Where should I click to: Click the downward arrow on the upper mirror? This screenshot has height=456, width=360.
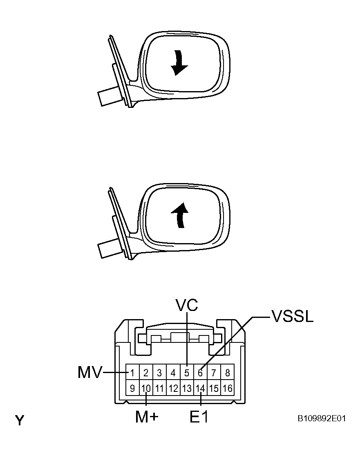pos(178,63)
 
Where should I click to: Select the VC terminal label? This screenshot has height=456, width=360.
pos(187,305)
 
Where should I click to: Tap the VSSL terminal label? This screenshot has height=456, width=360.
pos(293,316)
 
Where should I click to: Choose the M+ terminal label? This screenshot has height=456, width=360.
pos(147,417)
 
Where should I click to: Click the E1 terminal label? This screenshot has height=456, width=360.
pos(199,417)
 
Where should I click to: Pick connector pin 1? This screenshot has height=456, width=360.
pos(132,373)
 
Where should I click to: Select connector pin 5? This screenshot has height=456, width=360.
pos(187,373)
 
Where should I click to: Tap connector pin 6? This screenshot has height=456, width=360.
pos(200,373)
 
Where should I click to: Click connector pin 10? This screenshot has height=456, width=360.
pos(146,388)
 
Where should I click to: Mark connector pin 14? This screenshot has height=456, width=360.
pos(200,388)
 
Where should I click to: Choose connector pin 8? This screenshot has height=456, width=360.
pos(228,373)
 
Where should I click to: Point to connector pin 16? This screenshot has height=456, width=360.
pos(228,388)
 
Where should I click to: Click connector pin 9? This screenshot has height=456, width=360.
pos(132,388)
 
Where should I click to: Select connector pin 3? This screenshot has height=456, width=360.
pos(159,373)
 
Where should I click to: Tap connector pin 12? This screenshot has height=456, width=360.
pos(173,388)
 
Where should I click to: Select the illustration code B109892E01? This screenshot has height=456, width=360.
pos(321,418)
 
